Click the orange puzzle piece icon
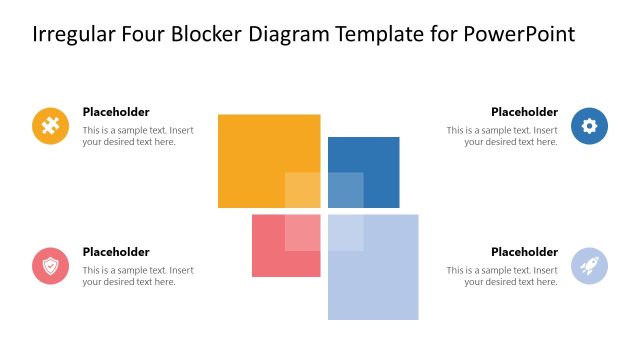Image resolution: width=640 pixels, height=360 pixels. tap(50, 126)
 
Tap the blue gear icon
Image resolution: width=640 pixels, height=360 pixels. tap(589, 126)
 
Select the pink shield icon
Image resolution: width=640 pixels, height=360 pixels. tap(50, 266)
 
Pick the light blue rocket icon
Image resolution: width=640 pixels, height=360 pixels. tap(589, 266)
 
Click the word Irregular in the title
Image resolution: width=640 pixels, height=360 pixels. tap(71, 35)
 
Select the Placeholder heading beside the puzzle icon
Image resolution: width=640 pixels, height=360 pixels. tap(116, 112)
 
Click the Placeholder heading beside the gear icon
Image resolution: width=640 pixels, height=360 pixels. tap(524, 112)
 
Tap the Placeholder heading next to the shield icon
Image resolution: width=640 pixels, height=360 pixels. tap(116, 252)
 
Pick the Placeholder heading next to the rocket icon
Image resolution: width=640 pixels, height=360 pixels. tap(524, 252)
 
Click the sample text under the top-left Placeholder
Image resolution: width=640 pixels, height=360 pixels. tap(138, 136)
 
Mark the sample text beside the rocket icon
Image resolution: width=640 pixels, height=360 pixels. tap(502, 276)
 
